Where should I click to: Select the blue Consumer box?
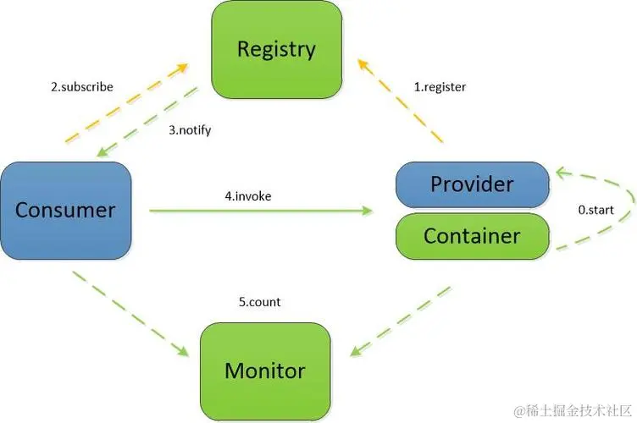tap(65, 210)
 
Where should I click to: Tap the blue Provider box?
tap(472, 184)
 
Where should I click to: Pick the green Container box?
tap(472, 235)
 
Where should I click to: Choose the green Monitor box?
tap(265, 370)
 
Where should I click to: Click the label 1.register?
tap(440, 86)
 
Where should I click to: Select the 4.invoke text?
tap(248, 195)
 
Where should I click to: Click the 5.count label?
tap(260, 301)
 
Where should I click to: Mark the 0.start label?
tap(595, 210)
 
